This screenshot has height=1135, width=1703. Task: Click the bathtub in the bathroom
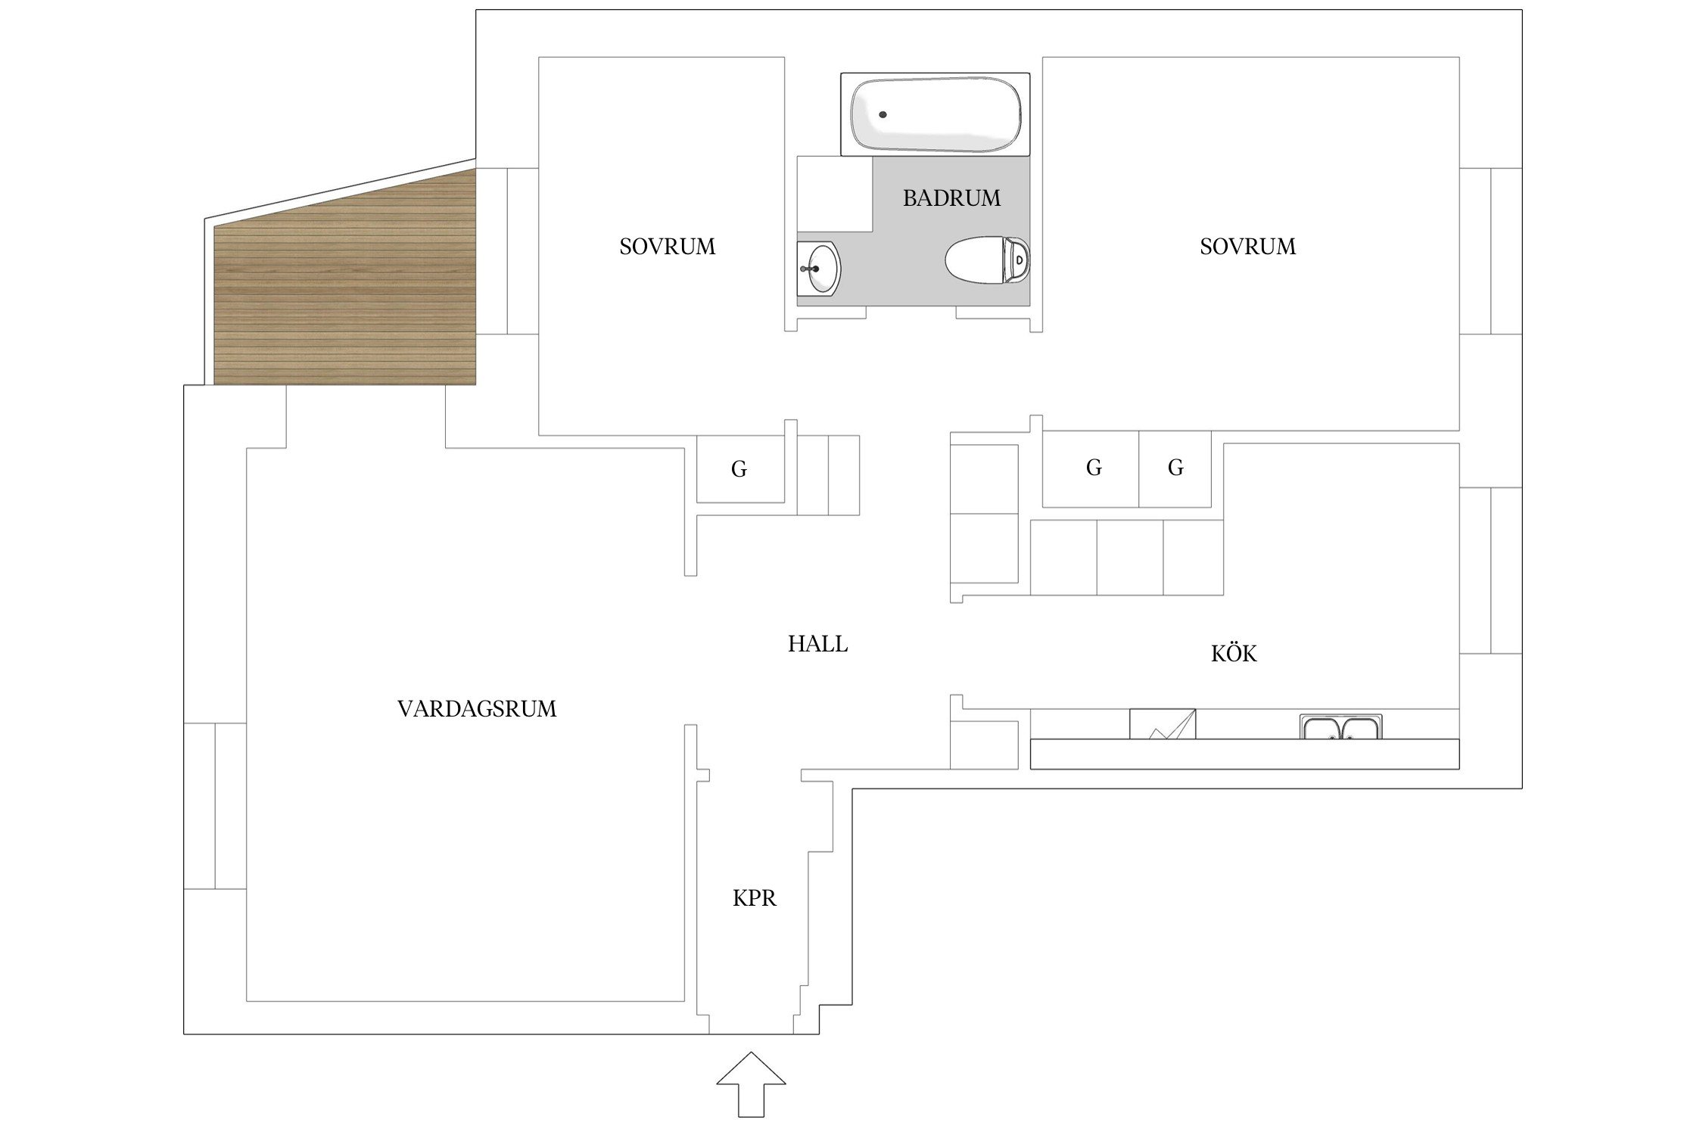935,114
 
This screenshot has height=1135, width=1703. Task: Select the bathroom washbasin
818,268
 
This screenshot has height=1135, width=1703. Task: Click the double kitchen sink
1341,726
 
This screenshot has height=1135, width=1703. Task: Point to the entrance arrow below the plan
751,1084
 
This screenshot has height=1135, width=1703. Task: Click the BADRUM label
951,198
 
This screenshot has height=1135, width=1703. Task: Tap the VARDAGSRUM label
477,709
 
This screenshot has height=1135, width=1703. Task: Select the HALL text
817,644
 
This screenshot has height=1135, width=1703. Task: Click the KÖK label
1234,652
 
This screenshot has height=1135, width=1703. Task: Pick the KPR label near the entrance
755,898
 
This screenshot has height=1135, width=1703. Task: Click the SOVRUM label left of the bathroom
667,247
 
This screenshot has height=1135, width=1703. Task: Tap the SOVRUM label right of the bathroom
1247,247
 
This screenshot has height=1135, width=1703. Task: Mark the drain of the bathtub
883,115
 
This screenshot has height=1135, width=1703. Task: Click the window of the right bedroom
1490,250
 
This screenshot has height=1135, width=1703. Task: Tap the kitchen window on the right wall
1490,571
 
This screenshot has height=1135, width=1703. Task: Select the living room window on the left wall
215,806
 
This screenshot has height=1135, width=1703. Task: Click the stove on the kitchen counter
1163,724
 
